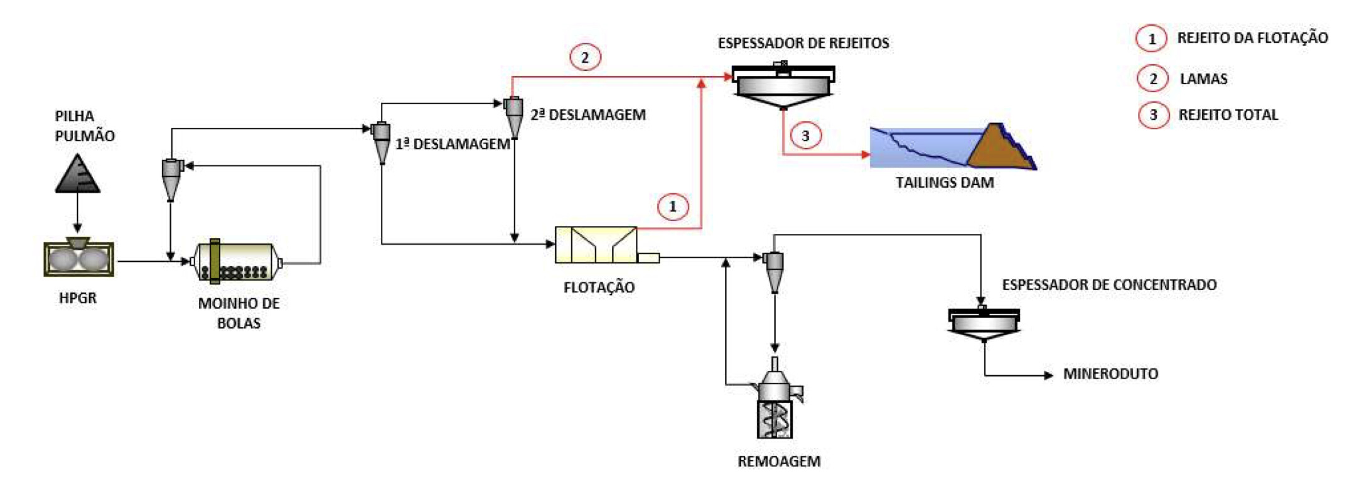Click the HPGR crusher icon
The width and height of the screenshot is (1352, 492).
coord(79,258)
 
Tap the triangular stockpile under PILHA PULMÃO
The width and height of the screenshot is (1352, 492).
coord(78,174)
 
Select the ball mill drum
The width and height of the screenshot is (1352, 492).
coord(236,262)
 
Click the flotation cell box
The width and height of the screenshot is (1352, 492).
coord(596,245)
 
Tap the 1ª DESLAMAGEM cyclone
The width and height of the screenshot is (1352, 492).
coord(381,142)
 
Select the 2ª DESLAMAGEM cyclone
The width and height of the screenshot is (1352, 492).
coord(514,116)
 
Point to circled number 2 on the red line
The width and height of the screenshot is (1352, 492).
coord(585,58)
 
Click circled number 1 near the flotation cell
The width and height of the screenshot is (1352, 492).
coord(673,206)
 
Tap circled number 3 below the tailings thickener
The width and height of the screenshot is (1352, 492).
coord(805,136)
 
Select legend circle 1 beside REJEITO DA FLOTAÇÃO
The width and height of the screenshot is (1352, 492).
coord(1151,38)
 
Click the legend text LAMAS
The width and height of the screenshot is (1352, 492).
coord(1203,79)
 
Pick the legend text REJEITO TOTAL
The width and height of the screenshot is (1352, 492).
coord(1228,115)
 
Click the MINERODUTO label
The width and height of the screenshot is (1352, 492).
coord(1110,374)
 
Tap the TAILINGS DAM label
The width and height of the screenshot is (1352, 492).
coord(945,183)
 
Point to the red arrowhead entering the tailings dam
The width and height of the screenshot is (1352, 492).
coord(866,154)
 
